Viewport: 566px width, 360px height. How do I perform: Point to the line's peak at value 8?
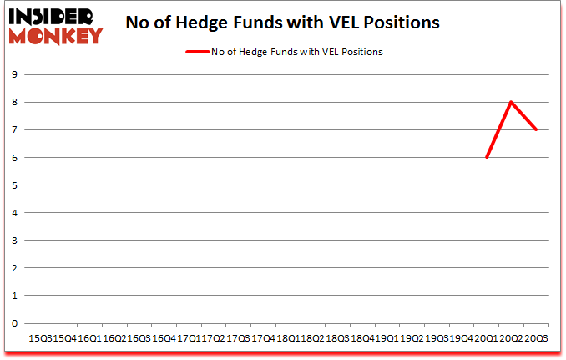[x=510, y=102]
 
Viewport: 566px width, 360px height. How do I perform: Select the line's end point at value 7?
[x=535, y=129]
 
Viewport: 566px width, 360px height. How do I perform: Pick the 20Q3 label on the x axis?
[x=535, y=337]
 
